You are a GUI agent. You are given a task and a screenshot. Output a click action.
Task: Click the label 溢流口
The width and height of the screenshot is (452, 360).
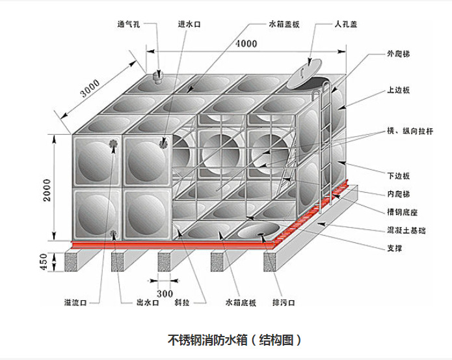(x=75, y=303)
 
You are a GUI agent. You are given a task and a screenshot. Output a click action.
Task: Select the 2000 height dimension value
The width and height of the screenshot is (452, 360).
(x=48, y=189)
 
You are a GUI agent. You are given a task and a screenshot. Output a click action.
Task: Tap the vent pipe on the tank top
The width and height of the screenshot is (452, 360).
(x=157, y=78)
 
